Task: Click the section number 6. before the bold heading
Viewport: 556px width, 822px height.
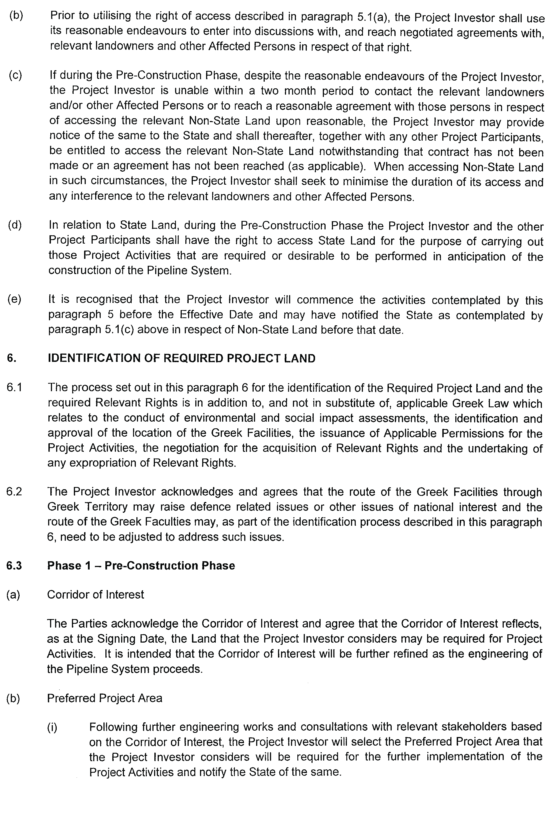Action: [x=11, y=358]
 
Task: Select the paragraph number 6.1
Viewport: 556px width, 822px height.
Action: [x=14, y=388]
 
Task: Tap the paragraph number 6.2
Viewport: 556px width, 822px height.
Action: [x=14, y=492]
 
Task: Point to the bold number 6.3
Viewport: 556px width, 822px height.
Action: [x=14, y=566]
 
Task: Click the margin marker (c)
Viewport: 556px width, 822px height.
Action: [x=15, y=75]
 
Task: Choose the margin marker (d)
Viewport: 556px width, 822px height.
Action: [x=15, y=225]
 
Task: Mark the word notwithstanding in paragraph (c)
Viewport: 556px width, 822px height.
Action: [x=359, y=151]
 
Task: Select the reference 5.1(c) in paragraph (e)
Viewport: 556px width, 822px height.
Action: [x=119, y=330]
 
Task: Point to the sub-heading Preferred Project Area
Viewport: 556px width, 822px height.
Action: [x=105, y=698]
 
